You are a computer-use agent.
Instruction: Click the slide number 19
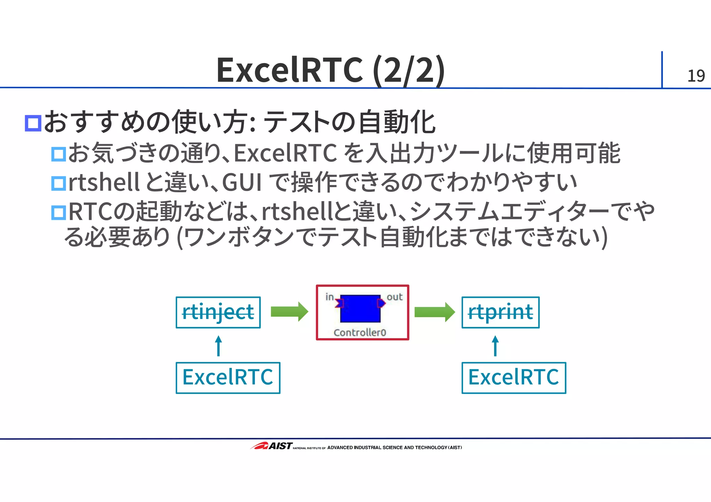(696, 76)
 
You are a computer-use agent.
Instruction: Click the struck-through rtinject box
(218, 312)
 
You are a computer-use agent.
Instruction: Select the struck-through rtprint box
(500, 312)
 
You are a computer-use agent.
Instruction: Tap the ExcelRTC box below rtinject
(228, 378)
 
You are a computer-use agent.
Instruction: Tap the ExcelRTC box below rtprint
(513, 378)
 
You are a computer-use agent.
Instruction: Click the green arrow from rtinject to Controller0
(289, 312)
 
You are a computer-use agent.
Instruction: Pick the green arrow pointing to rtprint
(434, 312)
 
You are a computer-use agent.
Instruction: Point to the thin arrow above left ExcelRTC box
(218, 346)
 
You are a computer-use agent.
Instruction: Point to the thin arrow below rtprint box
(495, 346)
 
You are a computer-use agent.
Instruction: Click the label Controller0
(360, 333)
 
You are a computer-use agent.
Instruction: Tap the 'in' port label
(329, 297)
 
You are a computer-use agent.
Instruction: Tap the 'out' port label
(394, 297)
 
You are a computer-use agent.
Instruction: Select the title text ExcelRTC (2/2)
(330, 70)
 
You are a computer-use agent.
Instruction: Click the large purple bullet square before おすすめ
(33, 123)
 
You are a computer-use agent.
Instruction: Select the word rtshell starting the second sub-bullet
(104, 183)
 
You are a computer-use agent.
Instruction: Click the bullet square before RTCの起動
(58, 213)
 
